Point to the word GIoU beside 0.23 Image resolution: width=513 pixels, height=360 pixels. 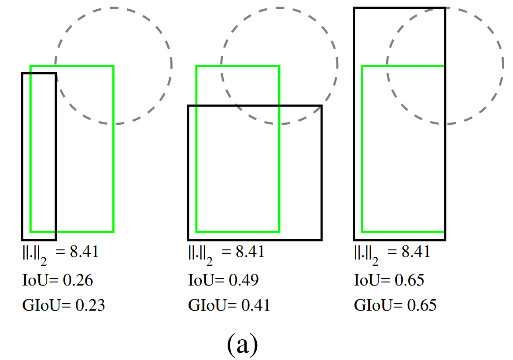coord(41,305)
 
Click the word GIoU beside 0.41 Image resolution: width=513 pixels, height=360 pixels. coord(207,305)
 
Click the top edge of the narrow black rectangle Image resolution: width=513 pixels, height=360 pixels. coord(39,73)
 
